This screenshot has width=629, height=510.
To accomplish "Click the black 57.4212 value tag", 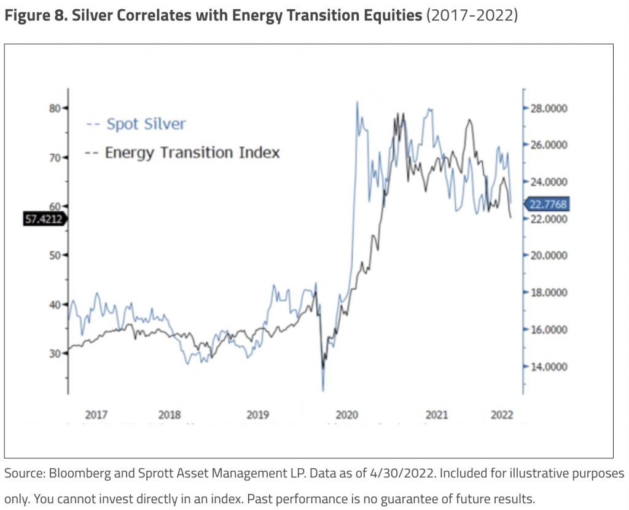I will click(44, 218).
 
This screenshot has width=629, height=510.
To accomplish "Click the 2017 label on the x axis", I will click(96, 415).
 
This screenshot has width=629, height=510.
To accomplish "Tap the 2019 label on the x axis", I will click(258, 415).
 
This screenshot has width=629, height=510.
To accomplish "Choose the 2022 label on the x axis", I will click(502, 415).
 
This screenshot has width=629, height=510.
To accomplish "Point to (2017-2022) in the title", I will click(472, 15).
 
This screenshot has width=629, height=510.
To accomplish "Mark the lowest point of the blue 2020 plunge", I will click(323, 390).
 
